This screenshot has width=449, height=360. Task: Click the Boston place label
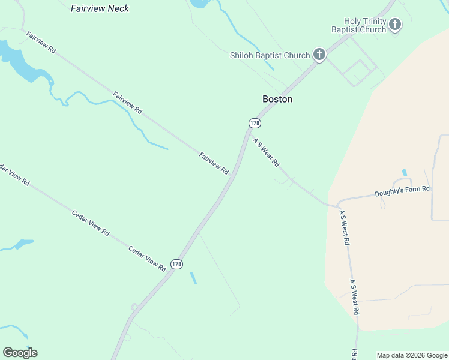(x=277, y=99)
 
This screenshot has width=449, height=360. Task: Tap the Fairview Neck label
(x=100, y=8)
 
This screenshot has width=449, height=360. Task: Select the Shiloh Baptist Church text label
(x=270, y=56)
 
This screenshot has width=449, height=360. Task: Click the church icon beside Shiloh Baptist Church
(x=319, y=56)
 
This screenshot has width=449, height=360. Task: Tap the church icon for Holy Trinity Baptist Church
(x=395, y=25)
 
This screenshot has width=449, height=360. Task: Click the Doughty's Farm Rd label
(x=402, y=192)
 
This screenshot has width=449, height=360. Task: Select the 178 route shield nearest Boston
(x=255, y=123)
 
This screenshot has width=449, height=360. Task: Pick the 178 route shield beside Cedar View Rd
(x=176, y=264)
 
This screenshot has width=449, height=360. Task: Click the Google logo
(x=20, y=353)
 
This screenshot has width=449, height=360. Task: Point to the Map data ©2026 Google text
(x=412, y=355)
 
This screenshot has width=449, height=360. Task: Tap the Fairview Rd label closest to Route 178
(x=214, y=163)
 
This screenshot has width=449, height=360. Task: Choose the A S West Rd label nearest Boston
(x=267, y=152)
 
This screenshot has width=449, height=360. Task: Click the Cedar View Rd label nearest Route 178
(x=147, y=258)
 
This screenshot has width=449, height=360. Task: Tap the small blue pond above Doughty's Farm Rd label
(x=403, y=173)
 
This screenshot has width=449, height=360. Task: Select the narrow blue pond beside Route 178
(x=193, y=278)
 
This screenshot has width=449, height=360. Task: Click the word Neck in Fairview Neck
(x=117, y=8)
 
